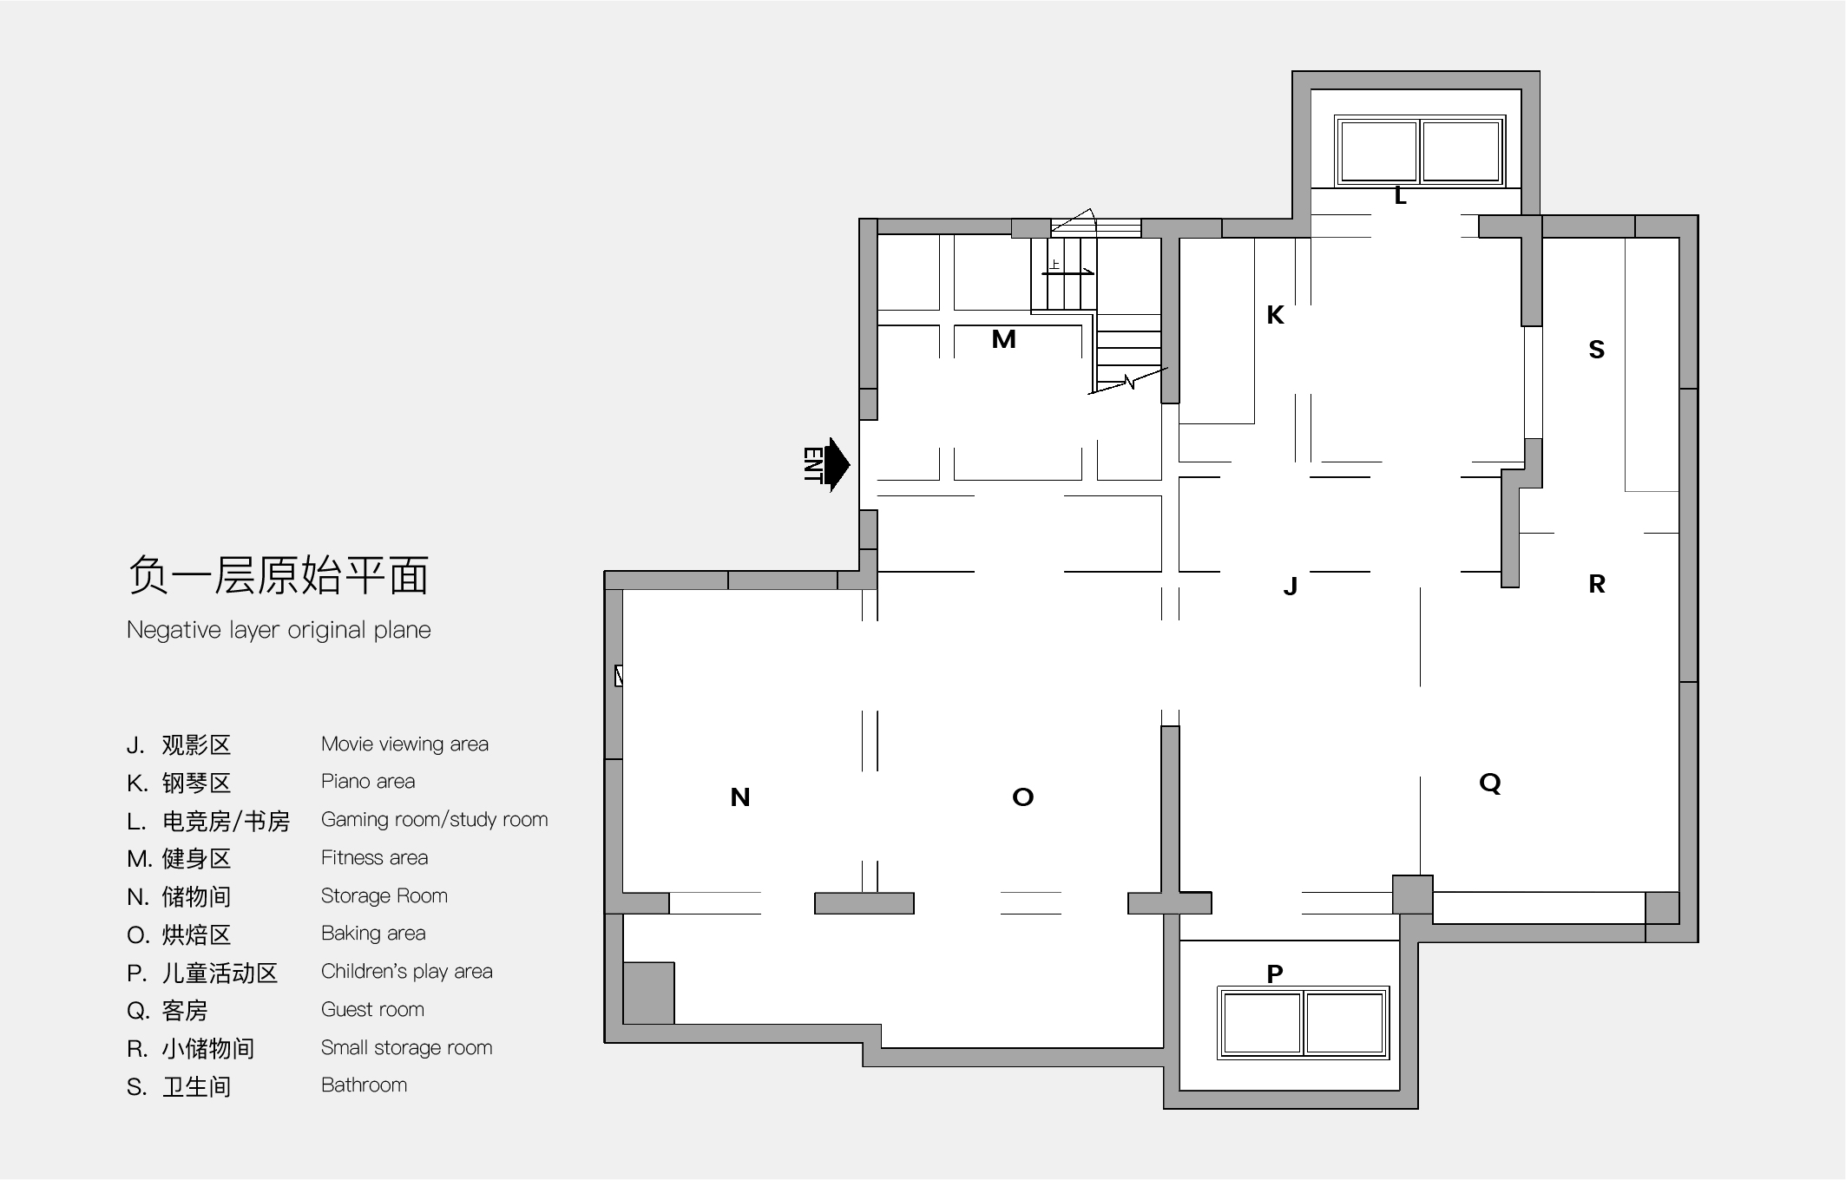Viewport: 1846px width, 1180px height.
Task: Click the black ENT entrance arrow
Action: point(837,464)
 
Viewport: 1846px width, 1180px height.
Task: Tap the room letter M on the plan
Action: point(1003,339)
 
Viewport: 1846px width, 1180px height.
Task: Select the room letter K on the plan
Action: point(1275,315)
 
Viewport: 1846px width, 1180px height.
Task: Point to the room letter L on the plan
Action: point(1400,197)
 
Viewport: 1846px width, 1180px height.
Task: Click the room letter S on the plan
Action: point(1596,350)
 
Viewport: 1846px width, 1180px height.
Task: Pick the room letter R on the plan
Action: point(1597,584)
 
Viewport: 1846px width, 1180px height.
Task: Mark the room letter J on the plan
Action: point(1291,587)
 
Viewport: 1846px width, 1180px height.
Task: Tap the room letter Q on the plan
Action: point(1490,783)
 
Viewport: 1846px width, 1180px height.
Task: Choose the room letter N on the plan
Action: point(740,797)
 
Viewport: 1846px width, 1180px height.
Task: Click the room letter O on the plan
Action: point(1023,797)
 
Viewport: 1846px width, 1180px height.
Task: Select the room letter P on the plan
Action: point(1275,974)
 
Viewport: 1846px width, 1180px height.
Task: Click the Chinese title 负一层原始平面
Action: point(279,575)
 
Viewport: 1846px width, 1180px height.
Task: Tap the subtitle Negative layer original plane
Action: point(279,630)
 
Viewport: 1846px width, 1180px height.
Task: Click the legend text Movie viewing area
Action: point(404,744)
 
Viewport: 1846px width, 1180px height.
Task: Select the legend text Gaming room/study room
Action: point(434,820)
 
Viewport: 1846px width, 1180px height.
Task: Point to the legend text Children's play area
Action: point(406,972)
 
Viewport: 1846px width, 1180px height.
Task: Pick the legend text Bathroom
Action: point(364,1085)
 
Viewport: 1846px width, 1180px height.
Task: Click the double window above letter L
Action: point(1420,151)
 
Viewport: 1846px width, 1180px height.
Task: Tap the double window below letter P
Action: point(1304,1023)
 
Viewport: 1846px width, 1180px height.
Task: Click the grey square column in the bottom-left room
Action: point(649,993)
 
